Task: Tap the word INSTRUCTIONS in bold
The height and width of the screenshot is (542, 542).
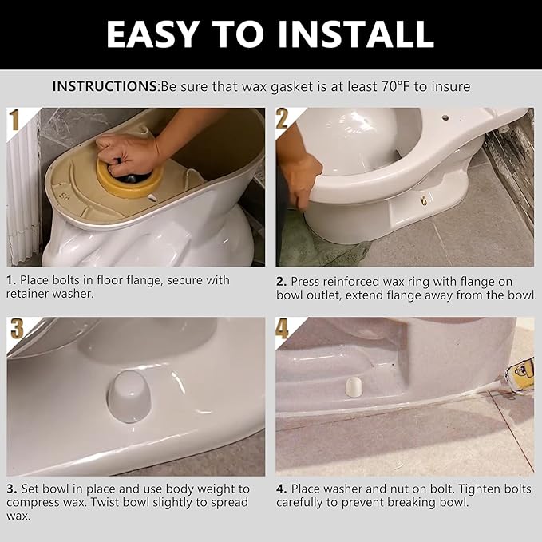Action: (x=105, y=86)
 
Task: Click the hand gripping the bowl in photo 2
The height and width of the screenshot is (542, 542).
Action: (x=303, y=180)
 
